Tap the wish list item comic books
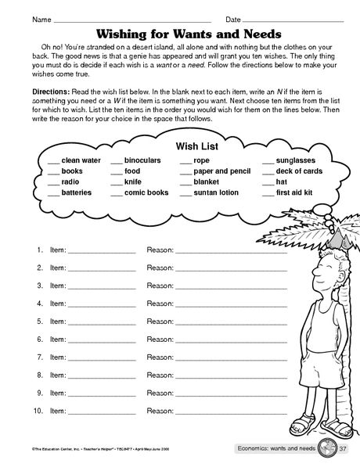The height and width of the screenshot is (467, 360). tap(146, 192)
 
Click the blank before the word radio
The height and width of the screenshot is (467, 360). tap(52, 182)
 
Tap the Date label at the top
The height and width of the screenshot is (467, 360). tap(233, 18)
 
